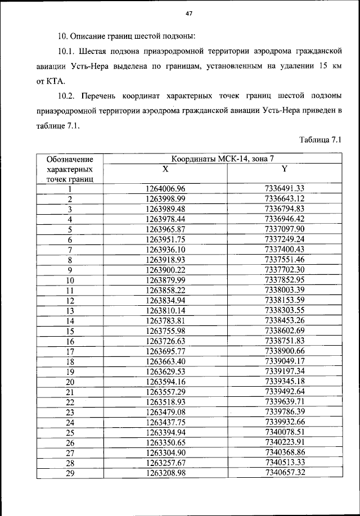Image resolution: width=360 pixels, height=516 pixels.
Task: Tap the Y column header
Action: tap(284, 169)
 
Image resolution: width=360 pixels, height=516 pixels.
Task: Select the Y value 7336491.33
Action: tap(284, 189)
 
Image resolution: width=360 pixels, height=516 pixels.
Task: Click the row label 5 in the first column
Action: tap(70, 229)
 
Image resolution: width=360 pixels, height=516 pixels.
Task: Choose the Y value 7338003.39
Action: tap(284, 290)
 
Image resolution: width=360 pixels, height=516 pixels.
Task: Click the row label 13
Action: tap(70, 310)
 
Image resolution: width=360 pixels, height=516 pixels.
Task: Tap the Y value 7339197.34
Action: tap(284, 371)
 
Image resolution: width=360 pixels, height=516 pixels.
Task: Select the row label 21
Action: tap(70, 392)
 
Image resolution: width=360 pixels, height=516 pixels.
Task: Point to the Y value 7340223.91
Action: tap(284, 442)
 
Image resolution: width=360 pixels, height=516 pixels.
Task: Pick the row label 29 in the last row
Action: tap(70, 473)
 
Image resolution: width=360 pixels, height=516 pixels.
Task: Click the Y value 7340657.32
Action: tap(284, 473)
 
